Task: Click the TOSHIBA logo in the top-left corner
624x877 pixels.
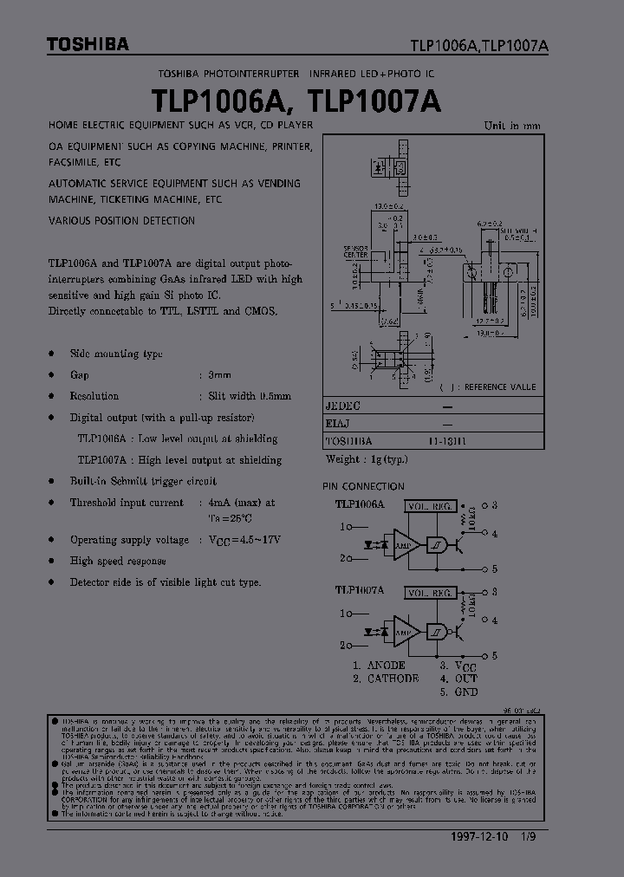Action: (75, 44)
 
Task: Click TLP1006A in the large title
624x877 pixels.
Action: (224, 101)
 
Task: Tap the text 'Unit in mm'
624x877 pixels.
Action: (512, 126)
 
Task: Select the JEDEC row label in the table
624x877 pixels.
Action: (342, 406)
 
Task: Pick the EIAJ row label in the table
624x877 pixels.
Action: (338, 424)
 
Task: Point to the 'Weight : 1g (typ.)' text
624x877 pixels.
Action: (367, 459)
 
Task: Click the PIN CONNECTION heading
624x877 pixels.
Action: (363, 486)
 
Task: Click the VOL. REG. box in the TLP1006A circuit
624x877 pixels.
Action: (431, 504)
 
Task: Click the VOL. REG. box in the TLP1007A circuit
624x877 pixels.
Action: (431, 594)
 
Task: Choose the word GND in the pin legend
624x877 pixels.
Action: (465, 692)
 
